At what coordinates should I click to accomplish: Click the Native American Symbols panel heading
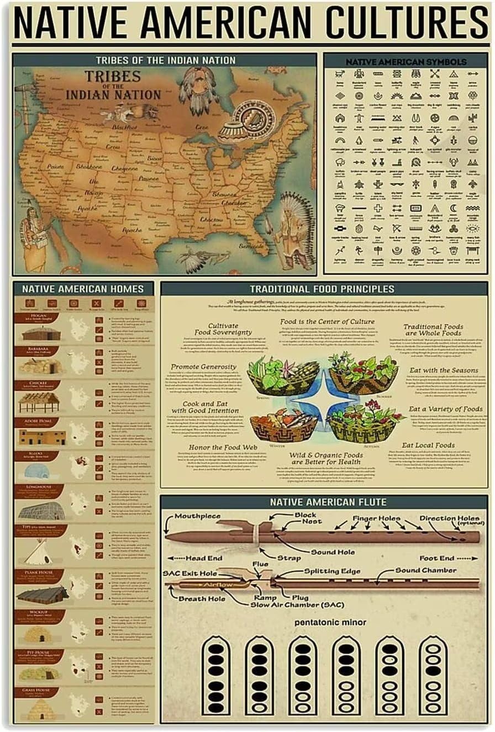point(406,62)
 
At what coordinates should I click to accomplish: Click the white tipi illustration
point(39,551)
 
